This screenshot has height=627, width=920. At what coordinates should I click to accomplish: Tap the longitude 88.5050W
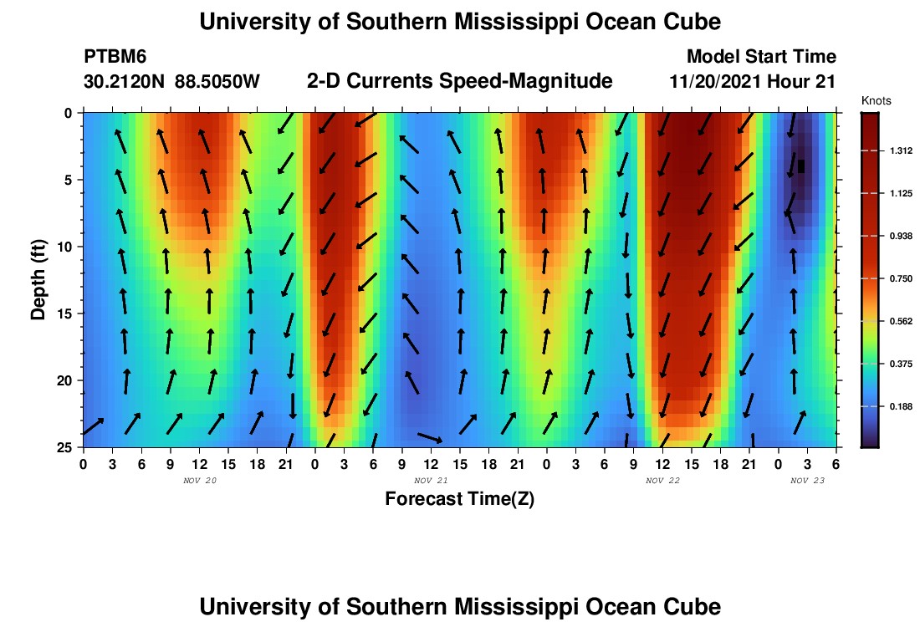tap(217, 81)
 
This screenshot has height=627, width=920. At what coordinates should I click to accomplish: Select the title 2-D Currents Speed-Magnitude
tap(460, 81)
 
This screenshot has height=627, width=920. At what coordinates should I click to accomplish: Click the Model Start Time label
tap(761, 57)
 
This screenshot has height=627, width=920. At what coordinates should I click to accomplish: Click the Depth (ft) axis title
tap(38, 279)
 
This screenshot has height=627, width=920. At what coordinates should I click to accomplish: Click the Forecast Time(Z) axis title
tap(459, 499)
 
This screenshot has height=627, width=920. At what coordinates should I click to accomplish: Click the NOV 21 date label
tap(432, 481)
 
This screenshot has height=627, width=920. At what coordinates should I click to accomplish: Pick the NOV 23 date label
tap(808, 481)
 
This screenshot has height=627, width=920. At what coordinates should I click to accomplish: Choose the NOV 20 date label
tap(200, 481)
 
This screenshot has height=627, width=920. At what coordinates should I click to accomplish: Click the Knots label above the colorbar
tap(876, 101)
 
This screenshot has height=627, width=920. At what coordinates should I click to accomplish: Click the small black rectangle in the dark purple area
tap(801, 166)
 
